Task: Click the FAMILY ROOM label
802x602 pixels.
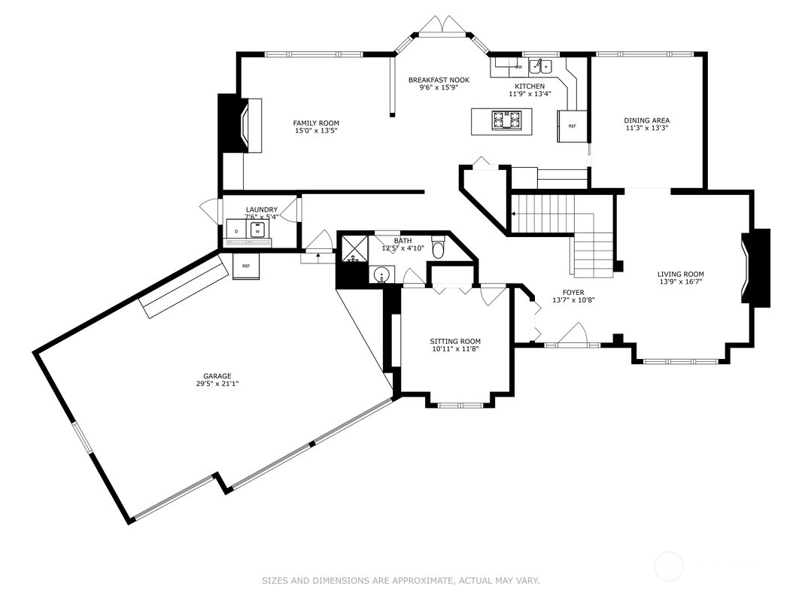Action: pos(316,123)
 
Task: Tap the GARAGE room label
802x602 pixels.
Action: pos(217,376)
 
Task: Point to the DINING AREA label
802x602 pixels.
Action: pos(646,120)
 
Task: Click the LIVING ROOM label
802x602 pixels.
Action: pos(680,275)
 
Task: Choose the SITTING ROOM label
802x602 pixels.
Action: pos(455,341)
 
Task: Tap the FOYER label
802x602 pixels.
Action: pos(573,293)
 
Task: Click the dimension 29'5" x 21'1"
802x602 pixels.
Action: pos(217,384)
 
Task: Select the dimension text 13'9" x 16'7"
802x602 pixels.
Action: pos(680,282)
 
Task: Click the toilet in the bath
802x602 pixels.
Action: pos(439,248)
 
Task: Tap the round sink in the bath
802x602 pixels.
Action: pos(382,275)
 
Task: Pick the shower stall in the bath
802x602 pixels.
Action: pos(352,248)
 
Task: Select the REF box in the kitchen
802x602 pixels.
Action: pos(571,126)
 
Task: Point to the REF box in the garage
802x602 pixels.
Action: pos(246,266)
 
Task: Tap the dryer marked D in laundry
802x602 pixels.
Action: pos(236,231)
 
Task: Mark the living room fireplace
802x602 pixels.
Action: pos(755,267)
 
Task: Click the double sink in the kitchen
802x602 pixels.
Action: pos(539,65)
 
